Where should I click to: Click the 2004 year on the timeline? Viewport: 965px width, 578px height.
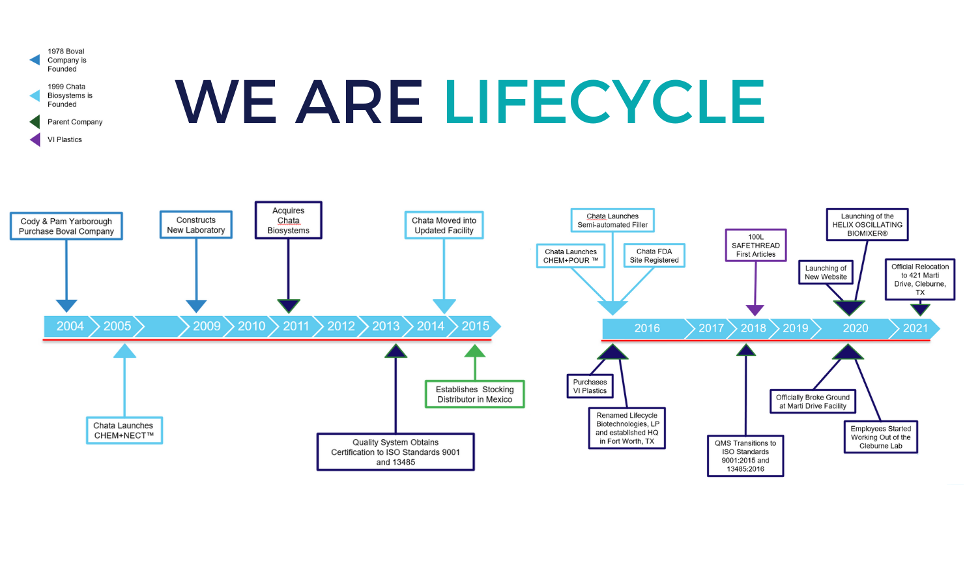(x=70, y=326)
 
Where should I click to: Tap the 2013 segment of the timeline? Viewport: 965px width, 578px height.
(x=386, y=326)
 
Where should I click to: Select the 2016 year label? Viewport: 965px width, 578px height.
(x=647, y=328)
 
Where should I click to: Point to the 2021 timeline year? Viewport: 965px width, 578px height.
(x=915, y=328)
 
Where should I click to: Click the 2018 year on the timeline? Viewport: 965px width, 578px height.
(x=753, y=328)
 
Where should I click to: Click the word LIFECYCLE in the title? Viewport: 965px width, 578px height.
(x=605, y=102)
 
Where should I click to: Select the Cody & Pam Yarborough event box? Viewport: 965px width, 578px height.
(x=66, y=226)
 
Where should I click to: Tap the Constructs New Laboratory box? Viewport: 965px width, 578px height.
(x=196, y=225)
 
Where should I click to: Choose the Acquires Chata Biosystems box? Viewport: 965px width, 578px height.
(x=288, y=220)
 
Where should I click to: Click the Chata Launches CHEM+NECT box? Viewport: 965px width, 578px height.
(x=124, y=431)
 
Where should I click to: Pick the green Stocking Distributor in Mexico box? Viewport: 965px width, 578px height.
(x=474, y=394)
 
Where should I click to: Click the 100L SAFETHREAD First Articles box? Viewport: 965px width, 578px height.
(x=756, y=246)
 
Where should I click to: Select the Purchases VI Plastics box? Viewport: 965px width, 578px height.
(x=590, y=386)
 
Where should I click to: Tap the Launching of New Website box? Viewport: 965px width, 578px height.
(x=826, y=272)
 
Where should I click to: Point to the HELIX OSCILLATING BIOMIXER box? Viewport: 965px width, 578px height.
(x=867, y=225)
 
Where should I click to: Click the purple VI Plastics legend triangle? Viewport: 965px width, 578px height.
(x=35, y=139)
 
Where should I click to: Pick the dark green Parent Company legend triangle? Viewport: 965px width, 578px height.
(x=35, y=122)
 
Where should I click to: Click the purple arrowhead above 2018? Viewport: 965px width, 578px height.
(x=755, y=310)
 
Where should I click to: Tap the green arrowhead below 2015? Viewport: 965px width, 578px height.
(x=475, y=352)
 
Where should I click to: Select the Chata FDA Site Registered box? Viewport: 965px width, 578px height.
(x=654, y=255)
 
